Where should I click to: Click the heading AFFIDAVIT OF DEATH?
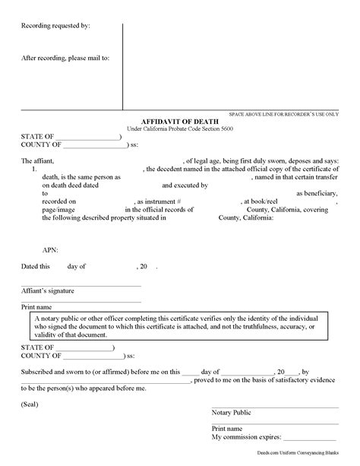point(180,120)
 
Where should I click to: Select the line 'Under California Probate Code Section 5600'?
point(179,128)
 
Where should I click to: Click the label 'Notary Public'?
point(232,411)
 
